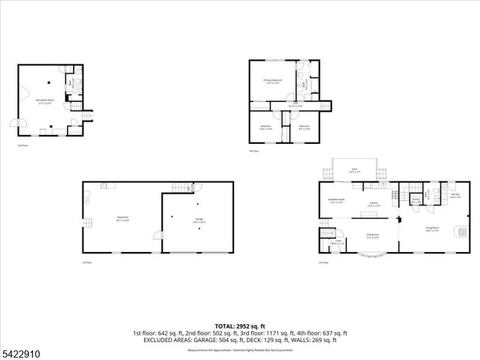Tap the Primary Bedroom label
point(272,81)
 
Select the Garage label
point(198,220)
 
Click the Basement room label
point(123,219)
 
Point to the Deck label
point(354,171)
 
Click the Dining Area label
point(373,235)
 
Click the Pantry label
point(415,200)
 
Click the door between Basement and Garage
point(159,235)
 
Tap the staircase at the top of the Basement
point(181,187)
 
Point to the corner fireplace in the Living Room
point(460,232)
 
